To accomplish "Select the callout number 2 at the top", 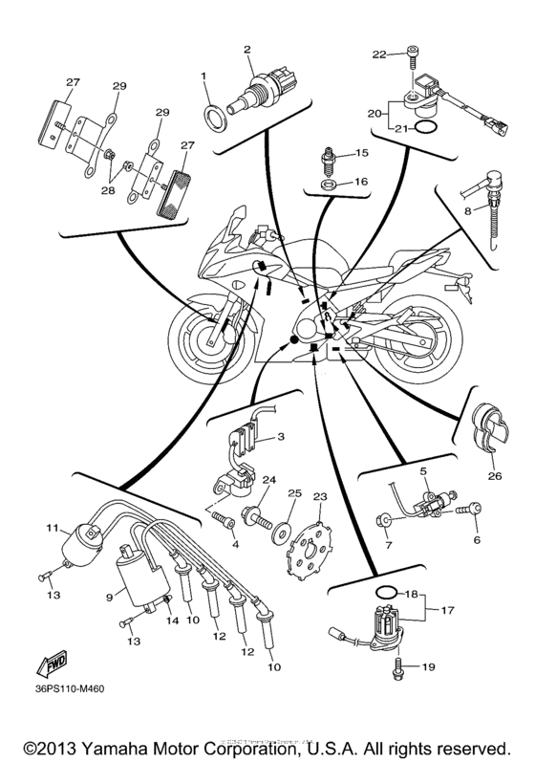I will pyautogui.click(x=246, y=49).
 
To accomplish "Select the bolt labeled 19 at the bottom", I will pyautogui.click(x=400, y=669).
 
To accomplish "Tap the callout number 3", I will pyautogui.click(x=281, y=437).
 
